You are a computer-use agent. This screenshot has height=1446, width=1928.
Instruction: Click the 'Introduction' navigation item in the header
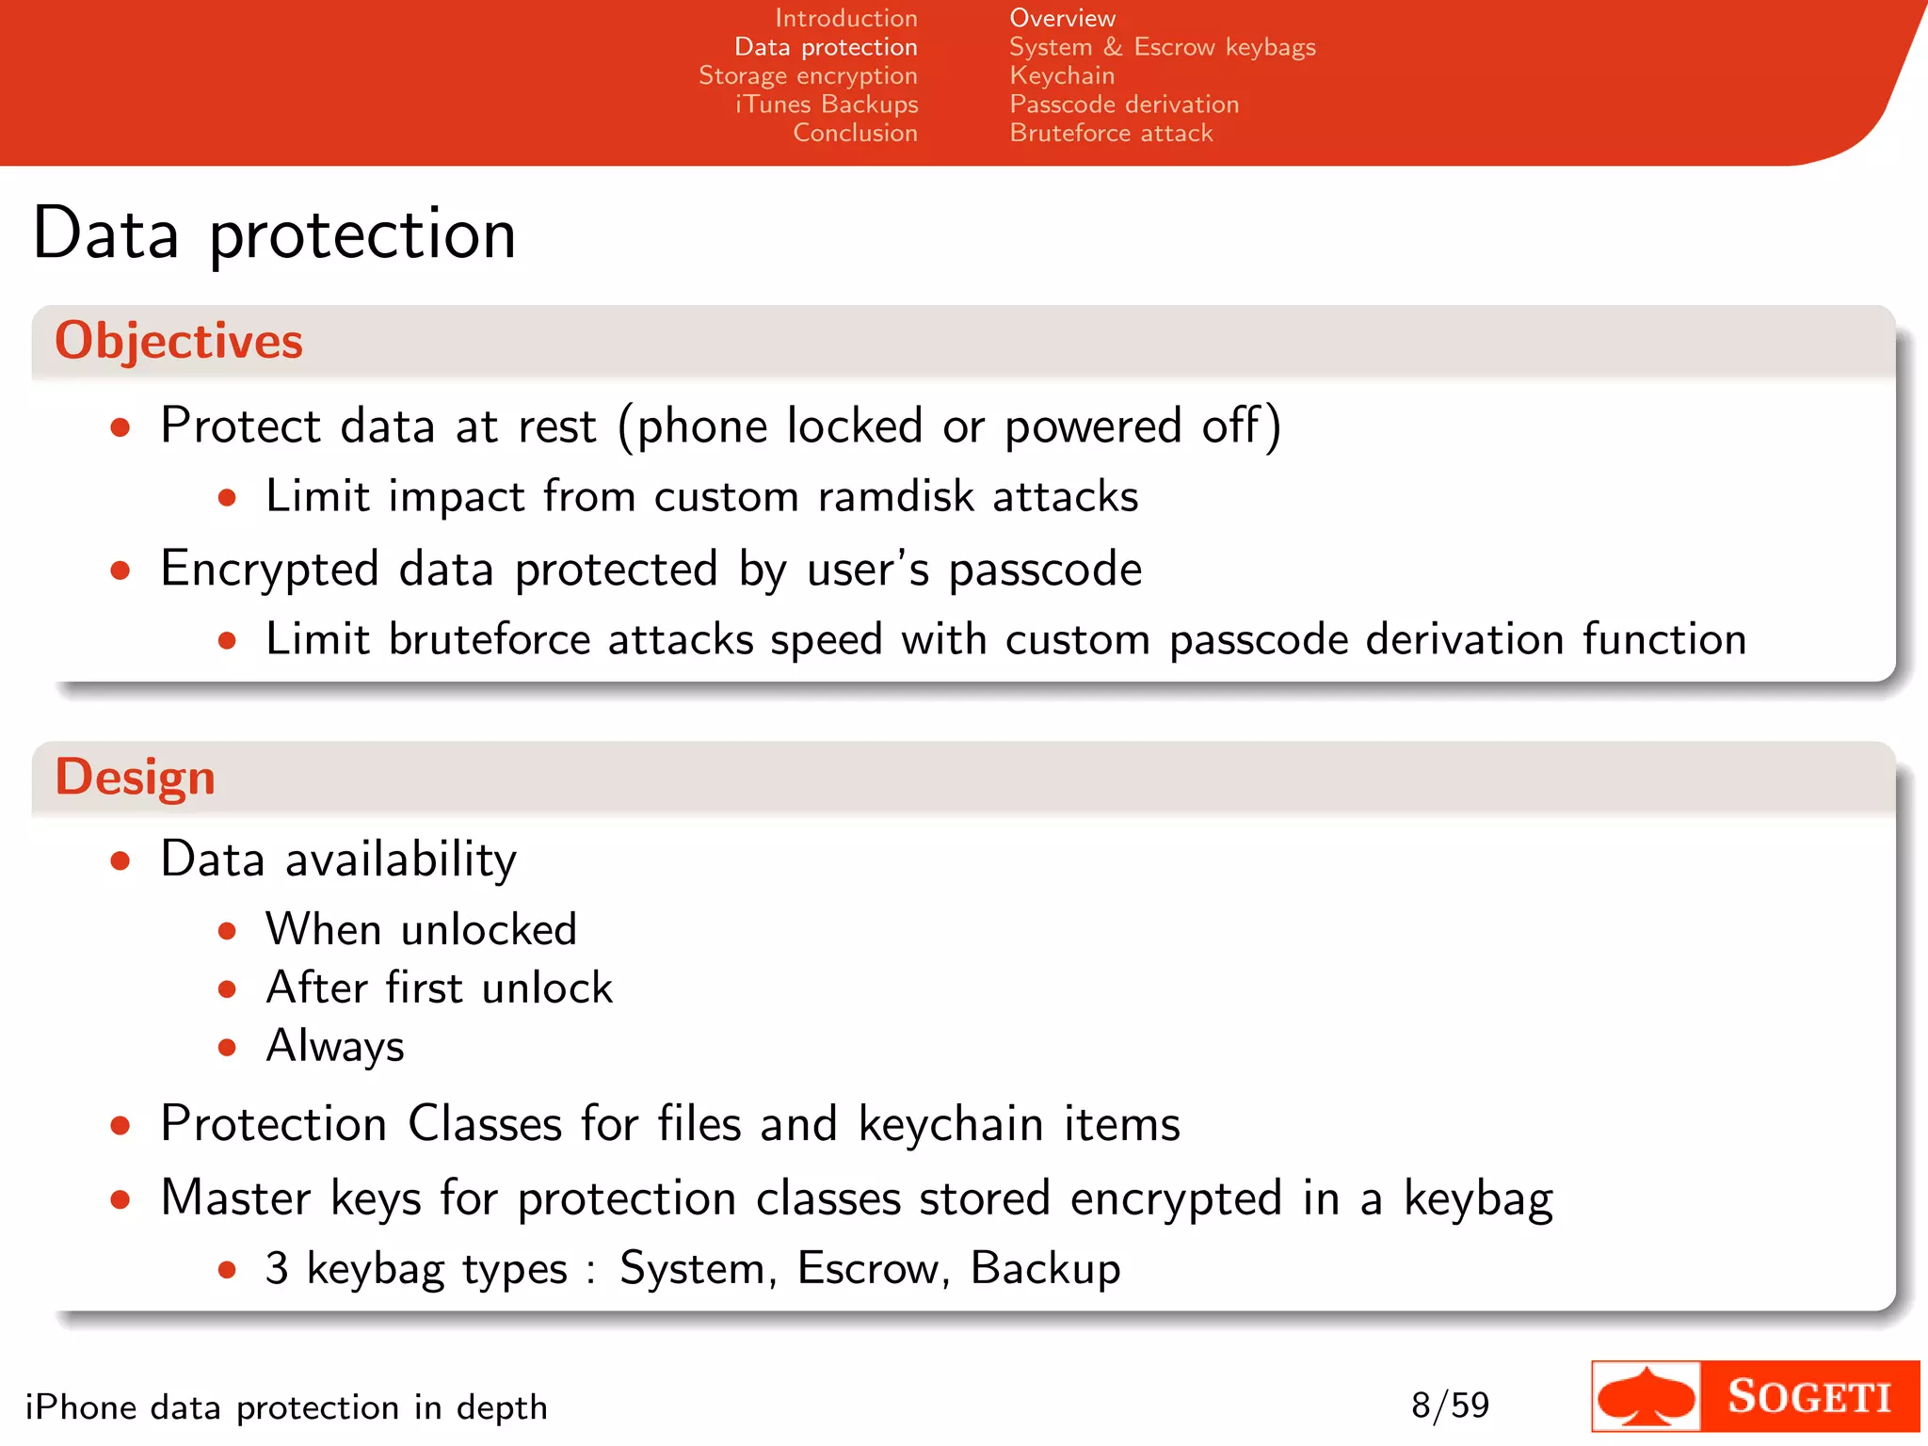click(845, 18)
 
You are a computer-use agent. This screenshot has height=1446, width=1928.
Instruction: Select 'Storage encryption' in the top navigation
click(808, 75)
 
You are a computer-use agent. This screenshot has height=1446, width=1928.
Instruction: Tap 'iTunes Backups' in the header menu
click(827, 104)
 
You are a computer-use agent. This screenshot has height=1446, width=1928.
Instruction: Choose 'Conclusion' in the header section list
click(855, 133)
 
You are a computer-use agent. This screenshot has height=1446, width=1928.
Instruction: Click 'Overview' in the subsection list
click(1062, 18)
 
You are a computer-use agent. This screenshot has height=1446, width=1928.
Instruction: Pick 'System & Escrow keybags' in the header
click(1162, 47)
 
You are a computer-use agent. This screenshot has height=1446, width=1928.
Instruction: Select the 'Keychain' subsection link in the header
click(1062, 75)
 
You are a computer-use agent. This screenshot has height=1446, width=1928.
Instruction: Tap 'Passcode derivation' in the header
click(1124, 104)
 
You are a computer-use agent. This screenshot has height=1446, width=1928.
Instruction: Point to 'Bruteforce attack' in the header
click(1111, 133)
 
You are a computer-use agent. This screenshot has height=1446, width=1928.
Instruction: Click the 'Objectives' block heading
click(179, 341)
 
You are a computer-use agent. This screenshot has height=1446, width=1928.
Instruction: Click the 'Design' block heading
click(136, 778)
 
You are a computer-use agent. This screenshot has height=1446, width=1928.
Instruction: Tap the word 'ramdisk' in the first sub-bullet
click(895, 496)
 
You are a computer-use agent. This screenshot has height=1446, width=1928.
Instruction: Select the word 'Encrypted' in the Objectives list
click(269, 570)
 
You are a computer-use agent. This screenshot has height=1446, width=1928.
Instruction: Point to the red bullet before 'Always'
click(227, 1047)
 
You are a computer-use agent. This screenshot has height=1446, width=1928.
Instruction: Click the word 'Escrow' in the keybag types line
click(868, 1268)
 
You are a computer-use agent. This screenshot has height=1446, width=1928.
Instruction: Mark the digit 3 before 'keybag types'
click(277, 1268)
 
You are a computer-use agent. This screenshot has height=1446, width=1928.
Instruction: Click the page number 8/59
click(1450, 1406)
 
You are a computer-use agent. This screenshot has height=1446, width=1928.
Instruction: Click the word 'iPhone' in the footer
click(80, 1407)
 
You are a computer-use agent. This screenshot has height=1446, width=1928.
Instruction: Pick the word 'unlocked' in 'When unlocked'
click(489, 930)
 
